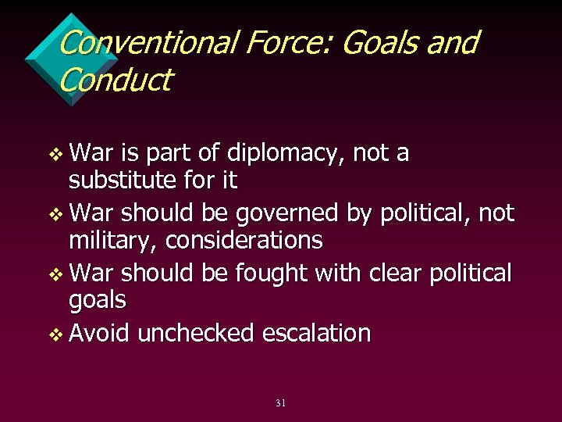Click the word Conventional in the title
(x=144, y=43)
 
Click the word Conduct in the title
(x=114, y=80)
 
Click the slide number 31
(x=280, y=403)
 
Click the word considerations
(x=244, y=241)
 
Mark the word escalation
(x=316, y=334)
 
